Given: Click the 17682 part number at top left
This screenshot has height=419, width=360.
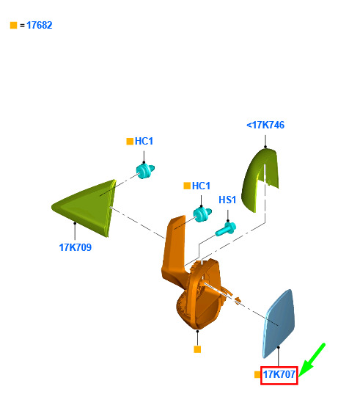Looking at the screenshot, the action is (40, 26).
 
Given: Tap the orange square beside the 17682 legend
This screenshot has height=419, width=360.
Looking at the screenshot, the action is (13, 26).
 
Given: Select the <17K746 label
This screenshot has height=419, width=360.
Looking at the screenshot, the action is (265, 125).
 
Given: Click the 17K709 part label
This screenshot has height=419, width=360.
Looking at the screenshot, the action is (75, 247).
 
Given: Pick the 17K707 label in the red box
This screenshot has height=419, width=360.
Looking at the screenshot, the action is (279, 375).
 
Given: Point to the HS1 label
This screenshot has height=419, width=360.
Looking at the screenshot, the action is (227, 200).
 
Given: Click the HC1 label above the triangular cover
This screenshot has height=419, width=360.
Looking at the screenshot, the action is (144, 141).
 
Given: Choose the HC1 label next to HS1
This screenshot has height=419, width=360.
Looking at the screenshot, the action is (201, 186).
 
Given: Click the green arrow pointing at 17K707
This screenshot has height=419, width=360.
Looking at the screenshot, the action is (312, 360).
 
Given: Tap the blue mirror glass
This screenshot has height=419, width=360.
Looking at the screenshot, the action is (279, 324).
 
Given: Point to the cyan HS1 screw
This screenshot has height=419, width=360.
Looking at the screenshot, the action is (226, 229).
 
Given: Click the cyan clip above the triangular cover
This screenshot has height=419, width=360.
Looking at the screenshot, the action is (145, 171).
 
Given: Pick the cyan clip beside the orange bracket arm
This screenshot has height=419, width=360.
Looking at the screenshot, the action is (202, 214).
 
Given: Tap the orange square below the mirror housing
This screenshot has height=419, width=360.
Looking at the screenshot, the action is (197, 349).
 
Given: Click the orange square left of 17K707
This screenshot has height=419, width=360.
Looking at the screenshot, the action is (257, 375).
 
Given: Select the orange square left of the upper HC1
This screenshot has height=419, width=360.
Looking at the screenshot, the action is (130, 142).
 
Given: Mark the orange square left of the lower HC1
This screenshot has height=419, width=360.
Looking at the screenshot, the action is (187, 186).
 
